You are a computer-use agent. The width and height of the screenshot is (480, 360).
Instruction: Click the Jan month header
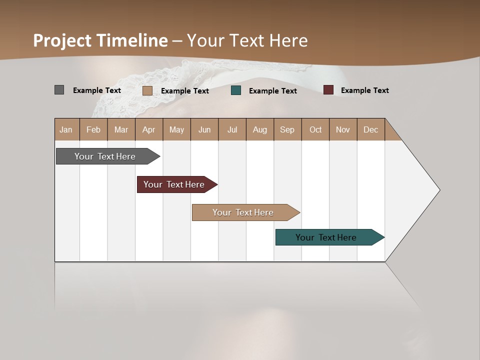[66, 129]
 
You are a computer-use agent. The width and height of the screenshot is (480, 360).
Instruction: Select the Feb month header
[93, 129]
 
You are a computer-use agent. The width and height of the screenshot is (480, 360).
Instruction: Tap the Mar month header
[121, 129]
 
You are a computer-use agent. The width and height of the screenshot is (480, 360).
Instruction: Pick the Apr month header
[149, 129]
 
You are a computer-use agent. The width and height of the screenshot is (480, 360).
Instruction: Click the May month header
[176, 129]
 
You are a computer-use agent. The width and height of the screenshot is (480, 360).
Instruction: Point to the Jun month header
[204, 129]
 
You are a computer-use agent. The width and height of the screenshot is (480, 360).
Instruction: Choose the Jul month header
[232, 129]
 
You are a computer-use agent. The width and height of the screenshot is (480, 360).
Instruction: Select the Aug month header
[260, 129]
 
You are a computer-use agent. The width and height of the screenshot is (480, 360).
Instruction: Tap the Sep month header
[287, 129]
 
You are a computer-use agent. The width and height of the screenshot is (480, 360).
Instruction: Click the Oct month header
[315, 129]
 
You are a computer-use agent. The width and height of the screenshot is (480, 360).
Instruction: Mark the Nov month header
[343, 129]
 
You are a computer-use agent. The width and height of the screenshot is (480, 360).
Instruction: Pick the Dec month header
[370, 129]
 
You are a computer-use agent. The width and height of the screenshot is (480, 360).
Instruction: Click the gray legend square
[59, 90]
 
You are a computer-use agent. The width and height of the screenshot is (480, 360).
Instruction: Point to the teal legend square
[236, 90]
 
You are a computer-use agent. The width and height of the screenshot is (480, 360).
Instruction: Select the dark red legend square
[328, 90]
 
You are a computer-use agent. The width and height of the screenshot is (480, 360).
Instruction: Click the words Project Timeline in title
[100, 40]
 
